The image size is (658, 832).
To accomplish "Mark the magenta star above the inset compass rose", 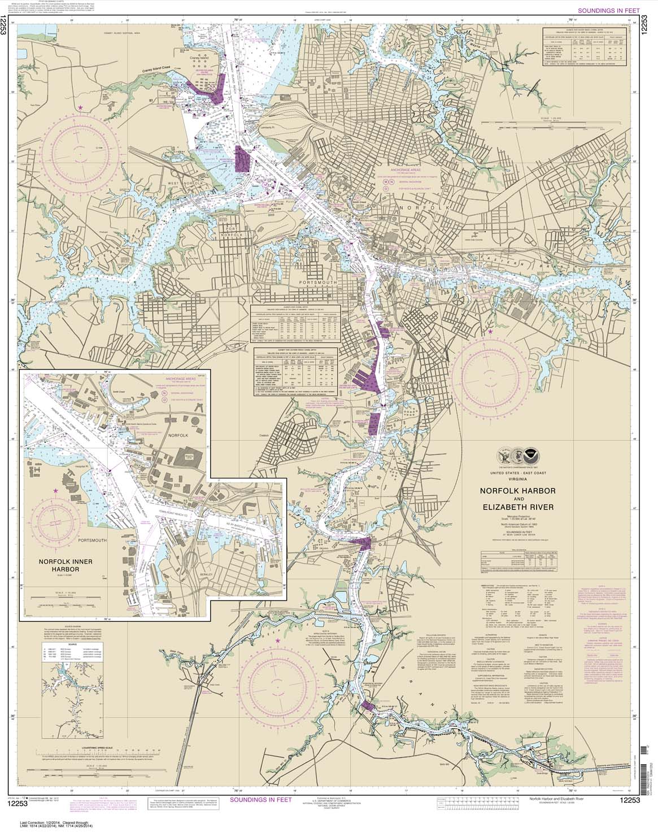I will [55, 491].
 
